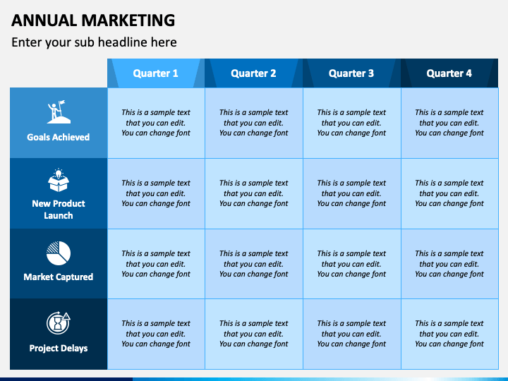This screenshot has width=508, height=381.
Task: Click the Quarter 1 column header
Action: [156, 73]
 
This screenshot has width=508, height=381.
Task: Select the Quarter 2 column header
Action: [253, 73]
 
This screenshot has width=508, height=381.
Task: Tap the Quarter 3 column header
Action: [351, 73]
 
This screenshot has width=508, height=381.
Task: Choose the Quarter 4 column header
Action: [449, 73]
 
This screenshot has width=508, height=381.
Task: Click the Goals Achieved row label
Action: [59, 138]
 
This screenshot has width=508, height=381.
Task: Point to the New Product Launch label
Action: [59, 210]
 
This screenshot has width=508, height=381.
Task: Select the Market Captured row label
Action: [59, 277]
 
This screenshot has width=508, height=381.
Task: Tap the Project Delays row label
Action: [59, 348]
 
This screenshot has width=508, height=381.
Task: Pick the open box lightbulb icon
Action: [58, 181]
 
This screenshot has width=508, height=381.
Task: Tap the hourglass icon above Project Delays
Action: [58, 323]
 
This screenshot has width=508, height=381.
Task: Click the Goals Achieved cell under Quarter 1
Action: [156, 123]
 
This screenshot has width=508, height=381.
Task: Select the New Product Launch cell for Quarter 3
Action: [351, 193]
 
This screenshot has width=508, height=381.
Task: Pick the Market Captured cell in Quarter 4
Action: [449, 264]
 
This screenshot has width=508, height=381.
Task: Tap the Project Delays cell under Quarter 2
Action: [253, 334]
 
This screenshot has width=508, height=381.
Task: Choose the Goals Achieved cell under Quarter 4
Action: [449, 123]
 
